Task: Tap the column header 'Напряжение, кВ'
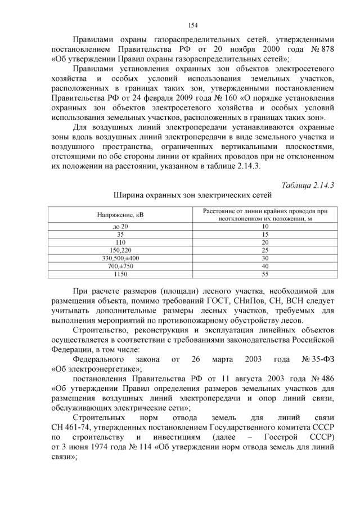[120, 215]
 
